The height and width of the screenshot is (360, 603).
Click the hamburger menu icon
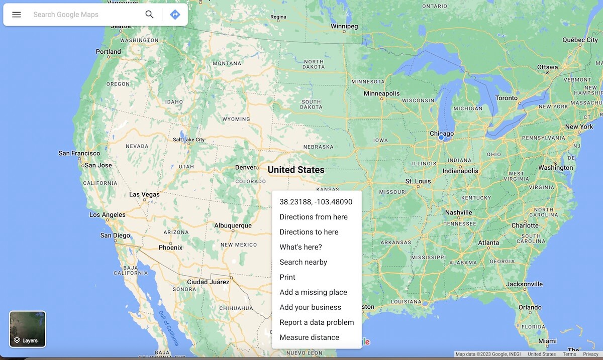pyautogui.click(x=17, y=15)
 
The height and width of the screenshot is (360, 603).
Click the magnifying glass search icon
pyautogui.click(x=149, y=15)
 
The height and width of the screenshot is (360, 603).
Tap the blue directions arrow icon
pyautogui.click(x=175, y=15)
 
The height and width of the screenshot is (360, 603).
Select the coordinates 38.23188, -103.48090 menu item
pyautogui.click(x=316, y=202)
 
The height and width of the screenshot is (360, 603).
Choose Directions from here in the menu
pyautogui.click(x=314, y=217)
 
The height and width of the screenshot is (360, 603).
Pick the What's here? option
pyautogui.click(x=300, y=247)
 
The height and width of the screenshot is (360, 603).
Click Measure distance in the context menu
pyautogui.click(x=309, y=337)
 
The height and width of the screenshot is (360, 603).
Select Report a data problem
pyautogui.click(x=317, y=322)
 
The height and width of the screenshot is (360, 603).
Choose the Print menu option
pyautogui.click(x=287, y=277)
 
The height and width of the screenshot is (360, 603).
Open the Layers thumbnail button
pyautogui.click(x=28, y=329)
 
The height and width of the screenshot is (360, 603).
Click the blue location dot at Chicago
pyautogui.click(x=441, y=137)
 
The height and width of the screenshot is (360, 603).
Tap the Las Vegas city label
pyautogui.click(x=144, y=194)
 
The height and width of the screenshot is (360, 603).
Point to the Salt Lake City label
pyautogui.click(x=188, y=140)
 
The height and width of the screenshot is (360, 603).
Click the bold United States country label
pyautogui.click(x=296, y=170)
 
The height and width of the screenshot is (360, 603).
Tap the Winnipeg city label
pyautogui.click(x=344, y=26)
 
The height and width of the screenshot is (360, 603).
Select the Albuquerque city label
pyautogui.click(x=233, y=225)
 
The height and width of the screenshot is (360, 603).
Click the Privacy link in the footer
pyautogui.click(x=590, y=354)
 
